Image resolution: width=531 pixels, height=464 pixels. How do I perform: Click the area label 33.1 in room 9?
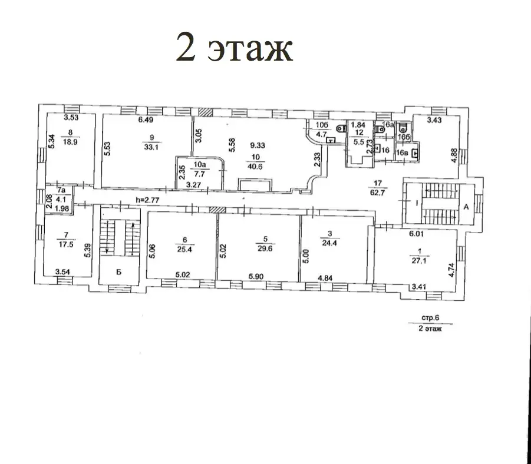(151, 148)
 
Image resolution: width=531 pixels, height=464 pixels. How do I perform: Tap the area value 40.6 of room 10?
(255, 167)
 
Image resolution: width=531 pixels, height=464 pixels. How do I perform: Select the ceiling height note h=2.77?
(147, 200)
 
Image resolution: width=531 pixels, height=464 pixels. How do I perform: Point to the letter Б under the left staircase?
(118, 272)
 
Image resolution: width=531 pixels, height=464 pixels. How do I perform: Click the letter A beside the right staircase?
(466, 207)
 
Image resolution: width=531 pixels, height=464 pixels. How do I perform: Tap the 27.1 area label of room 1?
(419, 261)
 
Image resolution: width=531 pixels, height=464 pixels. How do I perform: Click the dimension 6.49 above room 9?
(146, 120)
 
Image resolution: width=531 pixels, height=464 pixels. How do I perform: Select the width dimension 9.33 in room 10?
(258, 145)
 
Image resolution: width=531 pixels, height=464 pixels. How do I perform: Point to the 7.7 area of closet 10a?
(200, 174)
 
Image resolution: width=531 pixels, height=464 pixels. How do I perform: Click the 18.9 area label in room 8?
(70, 142)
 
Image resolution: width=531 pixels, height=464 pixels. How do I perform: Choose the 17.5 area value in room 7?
(66, 244)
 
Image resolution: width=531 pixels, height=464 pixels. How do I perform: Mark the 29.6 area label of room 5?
(265, 248)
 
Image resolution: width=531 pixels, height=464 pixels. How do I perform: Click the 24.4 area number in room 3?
(329, 243)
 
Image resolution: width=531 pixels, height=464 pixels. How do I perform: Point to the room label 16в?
(402, 153)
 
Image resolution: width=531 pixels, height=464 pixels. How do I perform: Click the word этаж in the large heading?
(250, 50)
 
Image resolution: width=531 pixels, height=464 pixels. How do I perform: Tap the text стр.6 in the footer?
(430, 318)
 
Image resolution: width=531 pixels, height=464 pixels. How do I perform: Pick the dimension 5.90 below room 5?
(256, 277)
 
